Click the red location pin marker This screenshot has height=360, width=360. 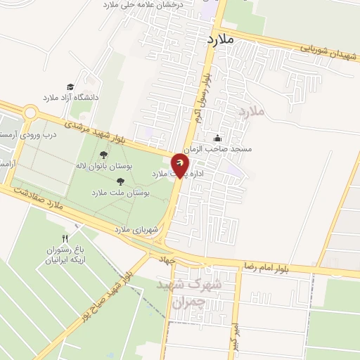[x=181, y=167]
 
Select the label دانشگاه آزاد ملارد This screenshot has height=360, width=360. [x=71, y=98]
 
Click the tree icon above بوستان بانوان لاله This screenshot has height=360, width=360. [x=103, y=155]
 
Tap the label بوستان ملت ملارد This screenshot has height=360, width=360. [x=118, y=192]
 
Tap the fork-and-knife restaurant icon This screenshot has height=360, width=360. [x=65, y=238]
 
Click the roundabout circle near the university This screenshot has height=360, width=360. [x=30, y=112]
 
